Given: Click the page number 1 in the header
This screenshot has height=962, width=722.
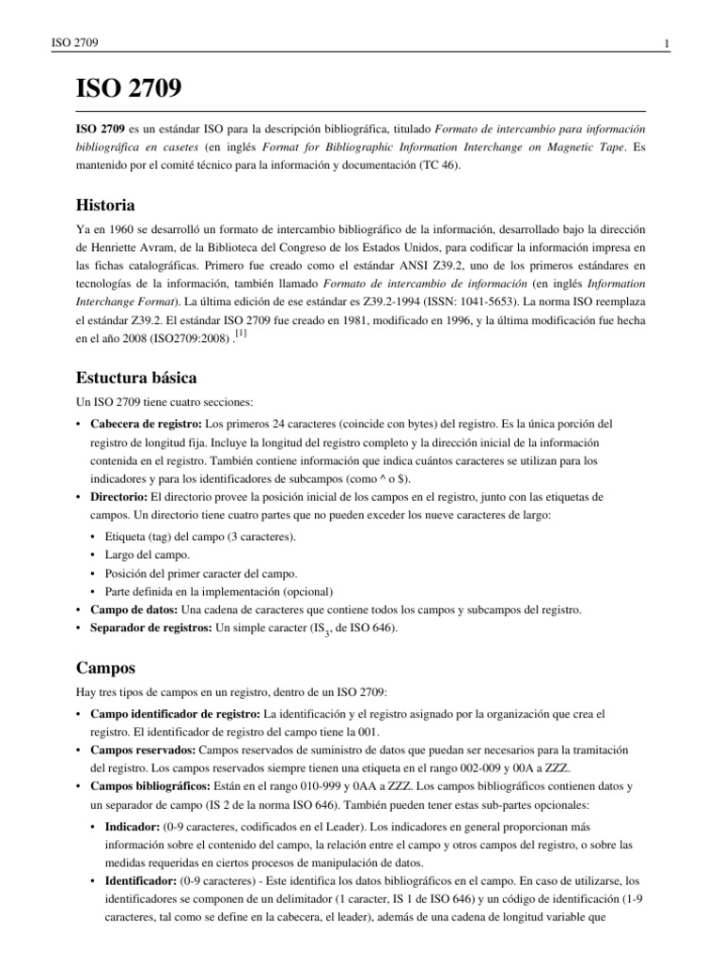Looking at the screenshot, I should [666, 44].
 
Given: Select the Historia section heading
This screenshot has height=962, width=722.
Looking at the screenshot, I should [104, 206].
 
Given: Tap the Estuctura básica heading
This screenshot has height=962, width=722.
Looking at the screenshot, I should [135, 379].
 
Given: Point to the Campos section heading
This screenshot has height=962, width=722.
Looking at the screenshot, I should [105, 669].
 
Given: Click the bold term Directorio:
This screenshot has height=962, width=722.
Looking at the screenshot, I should [118, 496].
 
